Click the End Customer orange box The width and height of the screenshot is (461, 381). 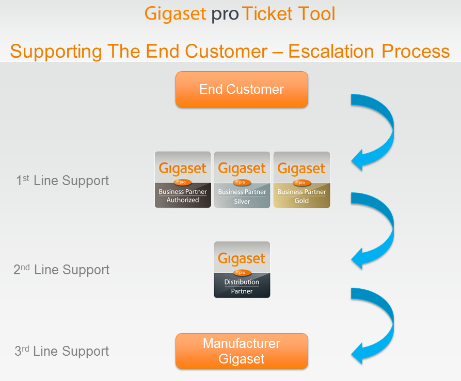(242, 89)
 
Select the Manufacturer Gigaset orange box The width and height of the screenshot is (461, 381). (242, 351)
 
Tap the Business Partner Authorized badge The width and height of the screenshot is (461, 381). (183, 179)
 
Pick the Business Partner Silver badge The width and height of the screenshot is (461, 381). (242, 179)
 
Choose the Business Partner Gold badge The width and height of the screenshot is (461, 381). (301, 179)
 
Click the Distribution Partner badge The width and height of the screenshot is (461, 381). (242, 270)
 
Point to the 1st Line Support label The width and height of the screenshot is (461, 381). (62, 180)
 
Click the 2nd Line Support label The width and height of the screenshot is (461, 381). (61, 270)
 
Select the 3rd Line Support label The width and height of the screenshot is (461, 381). (62, 351)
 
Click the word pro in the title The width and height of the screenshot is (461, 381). (225, 14)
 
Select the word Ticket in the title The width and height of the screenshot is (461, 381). (267, 14)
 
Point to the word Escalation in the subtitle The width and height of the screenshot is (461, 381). (331, 52)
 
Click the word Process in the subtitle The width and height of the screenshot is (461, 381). (416, 52)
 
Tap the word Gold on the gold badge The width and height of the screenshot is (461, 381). (301, 201)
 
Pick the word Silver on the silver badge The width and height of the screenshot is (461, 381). (242, 202)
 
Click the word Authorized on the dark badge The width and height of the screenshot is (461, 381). (183, 200)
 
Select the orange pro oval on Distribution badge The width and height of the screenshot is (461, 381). (242, 273)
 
